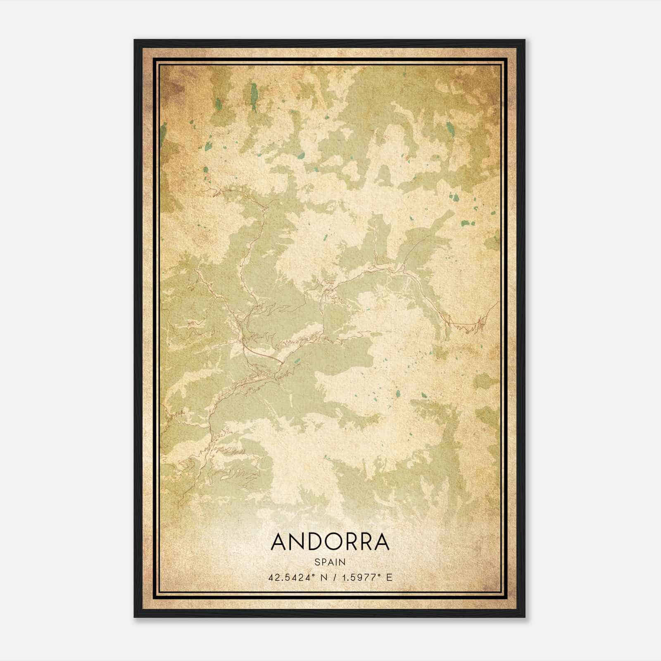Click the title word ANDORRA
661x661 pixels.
point(330,542)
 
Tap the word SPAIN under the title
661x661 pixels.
point(330,562)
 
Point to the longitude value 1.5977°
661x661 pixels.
point(360,577)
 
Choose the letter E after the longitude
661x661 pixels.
point(389,577)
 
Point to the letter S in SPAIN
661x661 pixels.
point(317,562)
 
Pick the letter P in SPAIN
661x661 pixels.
point(323,562)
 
